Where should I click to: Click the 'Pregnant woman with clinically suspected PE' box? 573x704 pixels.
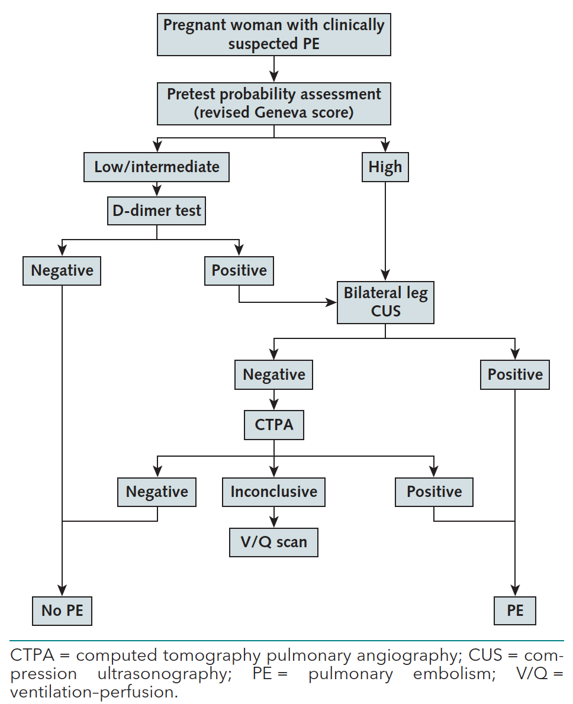click(273, 34)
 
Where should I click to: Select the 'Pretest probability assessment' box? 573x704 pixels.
click(273, 104)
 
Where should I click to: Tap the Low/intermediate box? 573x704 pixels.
click(157, 167)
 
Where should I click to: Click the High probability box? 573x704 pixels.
click(385, 167)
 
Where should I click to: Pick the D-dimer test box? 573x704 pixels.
click(157, 211)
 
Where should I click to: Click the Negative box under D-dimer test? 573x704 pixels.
click(62, 270)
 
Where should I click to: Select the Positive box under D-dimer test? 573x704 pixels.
click(239, 270)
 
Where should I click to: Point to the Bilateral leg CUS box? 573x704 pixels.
click(385, 302)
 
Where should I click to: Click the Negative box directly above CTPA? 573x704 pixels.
click(273, 374)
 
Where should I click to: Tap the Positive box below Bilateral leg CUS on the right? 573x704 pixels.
click(515, 374)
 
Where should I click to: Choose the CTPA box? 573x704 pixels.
click(273, 425)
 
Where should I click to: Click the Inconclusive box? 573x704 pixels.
click(273, 492)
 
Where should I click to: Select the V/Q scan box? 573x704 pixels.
click(273, 542)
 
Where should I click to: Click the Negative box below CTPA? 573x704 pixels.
click(157, 492)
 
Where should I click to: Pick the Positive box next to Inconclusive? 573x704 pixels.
click(434, 492)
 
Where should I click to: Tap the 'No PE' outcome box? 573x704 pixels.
click(62, 610)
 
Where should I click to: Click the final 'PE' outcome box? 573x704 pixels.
click(515, 610)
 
